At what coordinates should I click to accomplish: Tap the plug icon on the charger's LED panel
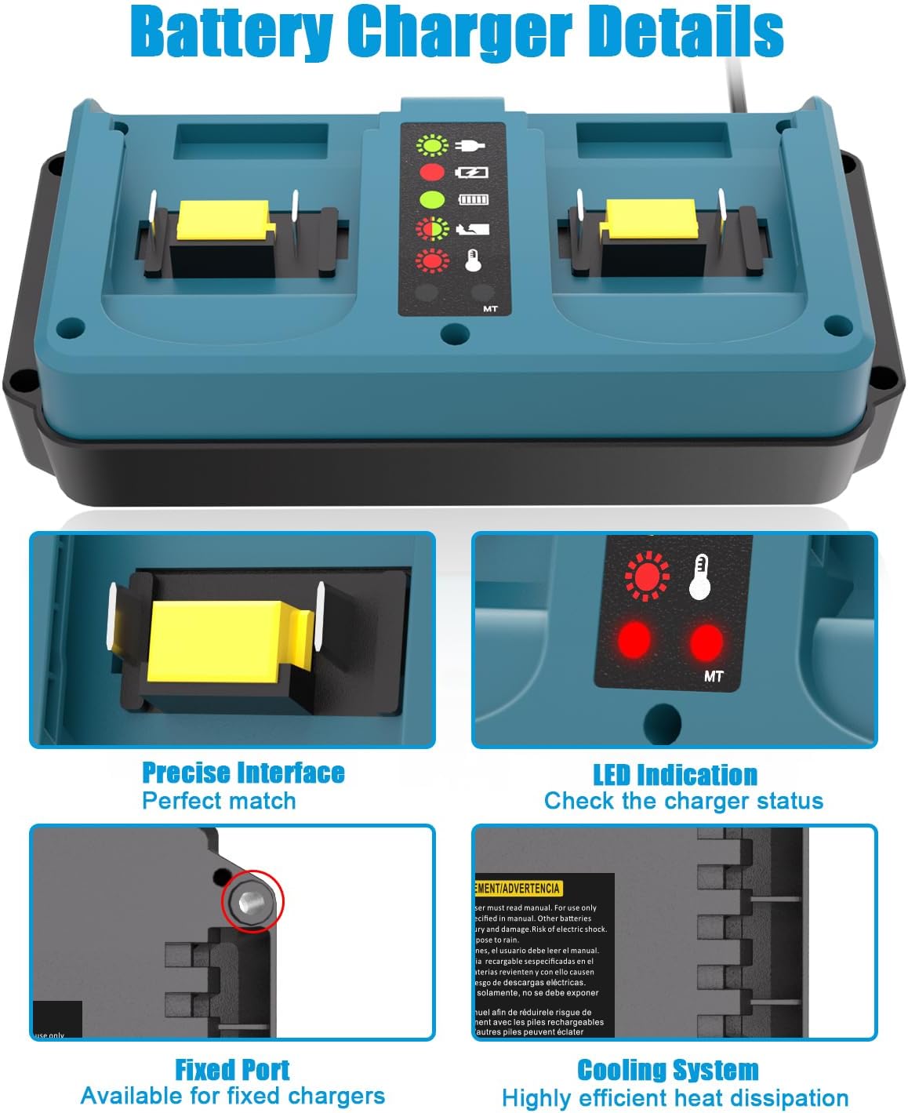[x=474, y=145]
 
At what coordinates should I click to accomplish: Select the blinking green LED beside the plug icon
[x=431, y=145]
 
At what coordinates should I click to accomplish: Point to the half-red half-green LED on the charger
[x=431, y=229]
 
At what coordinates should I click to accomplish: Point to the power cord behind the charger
[x=737, y=78]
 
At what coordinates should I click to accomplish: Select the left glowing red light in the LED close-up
[x=634, y=641]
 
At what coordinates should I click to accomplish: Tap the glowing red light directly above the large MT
[x=706, y=641]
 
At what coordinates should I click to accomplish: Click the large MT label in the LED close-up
[x=714, y=675]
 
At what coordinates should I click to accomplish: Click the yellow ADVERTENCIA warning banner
[x=518, y=888]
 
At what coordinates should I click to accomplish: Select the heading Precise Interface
[x=243, y=773]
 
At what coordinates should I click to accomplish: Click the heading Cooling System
[x=667, y=1070]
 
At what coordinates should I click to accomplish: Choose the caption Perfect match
[x=219, y=801]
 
